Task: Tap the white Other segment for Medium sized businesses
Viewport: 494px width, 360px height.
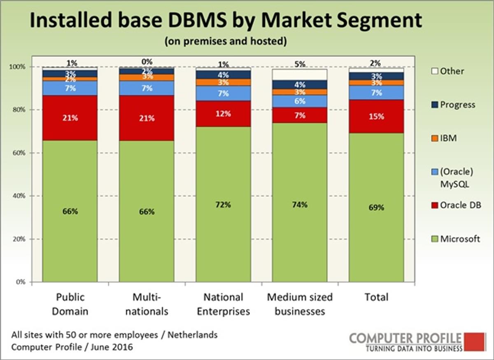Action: tap(300, 75)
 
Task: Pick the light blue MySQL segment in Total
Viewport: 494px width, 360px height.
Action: tap(376, 93)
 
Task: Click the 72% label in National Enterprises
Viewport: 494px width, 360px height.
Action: tap(224, 205)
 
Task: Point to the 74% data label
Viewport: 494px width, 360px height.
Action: tap(300, 205)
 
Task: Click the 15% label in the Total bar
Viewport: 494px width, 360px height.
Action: tap(376, 117)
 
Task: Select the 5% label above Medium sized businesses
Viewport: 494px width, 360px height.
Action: tap(300, 64)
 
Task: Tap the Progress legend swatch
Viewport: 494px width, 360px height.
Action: tap(435, 105)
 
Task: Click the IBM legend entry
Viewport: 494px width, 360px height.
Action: tap(448, 138)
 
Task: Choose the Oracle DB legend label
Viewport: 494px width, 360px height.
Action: tap(460, 205)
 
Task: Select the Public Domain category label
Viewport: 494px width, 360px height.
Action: tap(70, 304)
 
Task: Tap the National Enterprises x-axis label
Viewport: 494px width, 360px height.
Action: tap(224, 304)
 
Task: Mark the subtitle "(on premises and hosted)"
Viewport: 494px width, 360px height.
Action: tap(226, 42)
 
